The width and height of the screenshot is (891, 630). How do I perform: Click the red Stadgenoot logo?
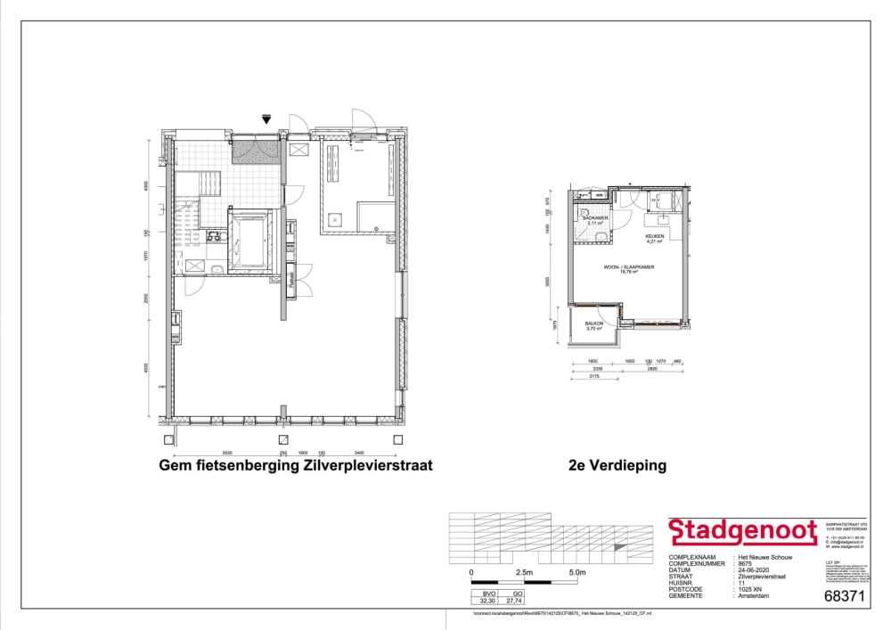click(x=743, y=532)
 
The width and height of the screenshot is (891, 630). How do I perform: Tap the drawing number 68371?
click(x=845, y=596)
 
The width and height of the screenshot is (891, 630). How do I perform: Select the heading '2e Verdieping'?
click(x=617, y=465)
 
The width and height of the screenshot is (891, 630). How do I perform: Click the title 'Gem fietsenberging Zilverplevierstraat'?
click(x=295, y=465)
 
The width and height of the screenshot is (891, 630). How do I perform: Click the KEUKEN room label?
click(x=655, y=236)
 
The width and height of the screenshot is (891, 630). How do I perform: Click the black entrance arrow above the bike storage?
click(x=266, y=119)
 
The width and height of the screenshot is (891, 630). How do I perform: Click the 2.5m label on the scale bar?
click(x=523, y=572)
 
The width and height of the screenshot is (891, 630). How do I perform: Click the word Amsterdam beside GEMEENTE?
click(x=752, y=595)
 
